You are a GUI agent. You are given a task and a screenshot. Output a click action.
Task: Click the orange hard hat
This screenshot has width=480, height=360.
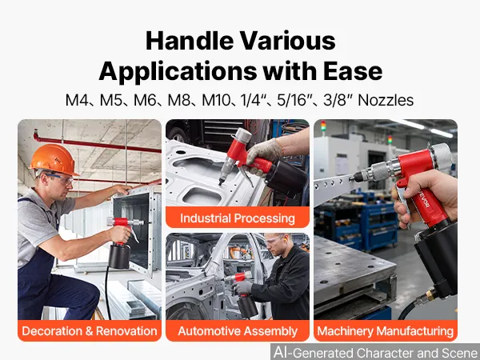coord(54,160)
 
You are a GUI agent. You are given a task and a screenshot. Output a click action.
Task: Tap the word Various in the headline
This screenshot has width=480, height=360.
coord(287,41)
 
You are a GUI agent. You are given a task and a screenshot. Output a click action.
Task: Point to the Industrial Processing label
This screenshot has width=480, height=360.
coord(238,218)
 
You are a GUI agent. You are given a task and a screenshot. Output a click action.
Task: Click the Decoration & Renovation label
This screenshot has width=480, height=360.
coord(90,331)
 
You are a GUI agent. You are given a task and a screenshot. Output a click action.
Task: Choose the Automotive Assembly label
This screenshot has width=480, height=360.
coord(238,331)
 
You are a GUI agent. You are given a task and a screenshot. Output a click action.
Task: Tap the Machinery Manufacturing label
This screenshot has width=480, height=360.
coord(386,331)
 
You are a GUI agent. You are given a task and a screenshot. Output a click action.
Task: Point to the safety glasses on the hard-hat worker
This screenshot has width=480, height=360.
coord(60,178)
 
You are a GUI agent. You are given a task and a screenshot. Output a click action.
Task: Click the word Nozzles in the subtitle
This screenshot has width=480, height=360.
coord(386,100)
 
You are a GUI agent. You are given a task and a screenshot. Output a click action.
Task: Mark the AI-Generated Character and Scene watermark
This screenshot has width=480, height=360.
coord(376,352)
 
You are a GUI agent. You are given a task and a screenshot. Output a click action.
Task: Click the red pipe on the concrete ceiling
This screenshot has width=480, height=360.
coord(97,143)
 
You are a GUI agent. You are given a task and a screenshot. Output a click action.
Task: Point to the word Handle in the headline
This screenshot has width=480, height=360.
coord(190,41)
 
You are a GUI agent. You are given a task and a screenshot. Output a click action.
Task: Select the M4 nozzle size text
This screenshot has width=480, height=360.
coord(77,100)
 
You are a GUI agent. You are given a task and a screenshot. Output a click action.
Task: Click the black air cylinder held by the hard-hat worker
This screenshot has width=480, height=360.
coord(119,256)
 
